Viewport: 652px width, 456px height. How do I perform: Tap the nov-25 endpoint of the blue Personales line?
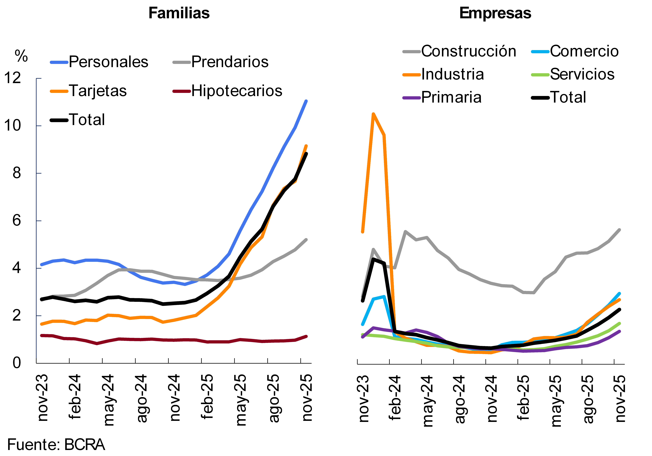point(306,101)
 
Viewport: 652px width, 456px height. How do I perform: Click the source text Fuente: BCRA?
point(56,445)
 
